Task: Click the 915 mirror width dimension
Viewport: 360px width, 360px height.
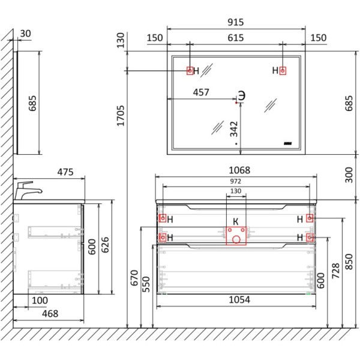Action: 236,22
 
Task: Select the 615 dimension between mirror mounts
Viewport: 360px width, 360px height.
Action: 236,38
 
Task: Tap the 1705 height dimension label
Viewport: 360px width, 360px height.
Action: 121,116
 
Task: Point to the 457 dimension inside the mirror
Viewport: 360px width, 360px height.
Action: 201,92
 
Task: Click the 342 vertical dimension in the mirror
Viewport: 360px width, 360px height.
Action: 234,129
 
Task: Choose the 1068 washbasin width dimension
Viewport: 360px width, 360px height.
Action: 239,170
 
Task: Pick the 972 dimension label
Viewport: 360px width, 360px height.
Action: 236,181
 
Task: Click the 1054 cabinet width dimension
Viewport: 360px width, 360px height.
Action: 239,299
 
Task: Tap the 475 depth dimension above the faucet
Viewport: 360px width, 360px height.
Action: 65,172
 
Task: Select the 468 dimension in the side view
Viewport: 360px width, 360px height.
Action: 50,314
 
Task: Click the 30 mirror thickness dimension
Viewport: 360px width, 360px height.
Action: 25,34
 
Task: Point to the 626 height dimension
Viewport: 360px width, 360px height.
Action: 105,245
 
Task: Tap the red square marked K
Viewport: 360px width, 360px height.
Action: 236,236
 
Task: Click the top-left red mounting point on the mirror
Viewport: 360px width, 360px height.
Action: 190,71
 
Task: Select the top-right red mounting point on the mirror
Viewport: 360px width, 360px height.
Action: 283,71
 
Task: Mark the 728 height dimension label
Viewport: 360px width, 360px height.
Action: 335,271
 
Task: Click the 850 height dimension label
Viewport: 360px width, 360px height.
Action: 349,262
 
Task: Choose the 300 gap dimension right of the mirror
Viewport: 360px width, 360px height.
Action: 349,175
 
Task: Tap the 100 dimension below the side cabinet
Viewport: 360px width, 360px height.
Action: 40,301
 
